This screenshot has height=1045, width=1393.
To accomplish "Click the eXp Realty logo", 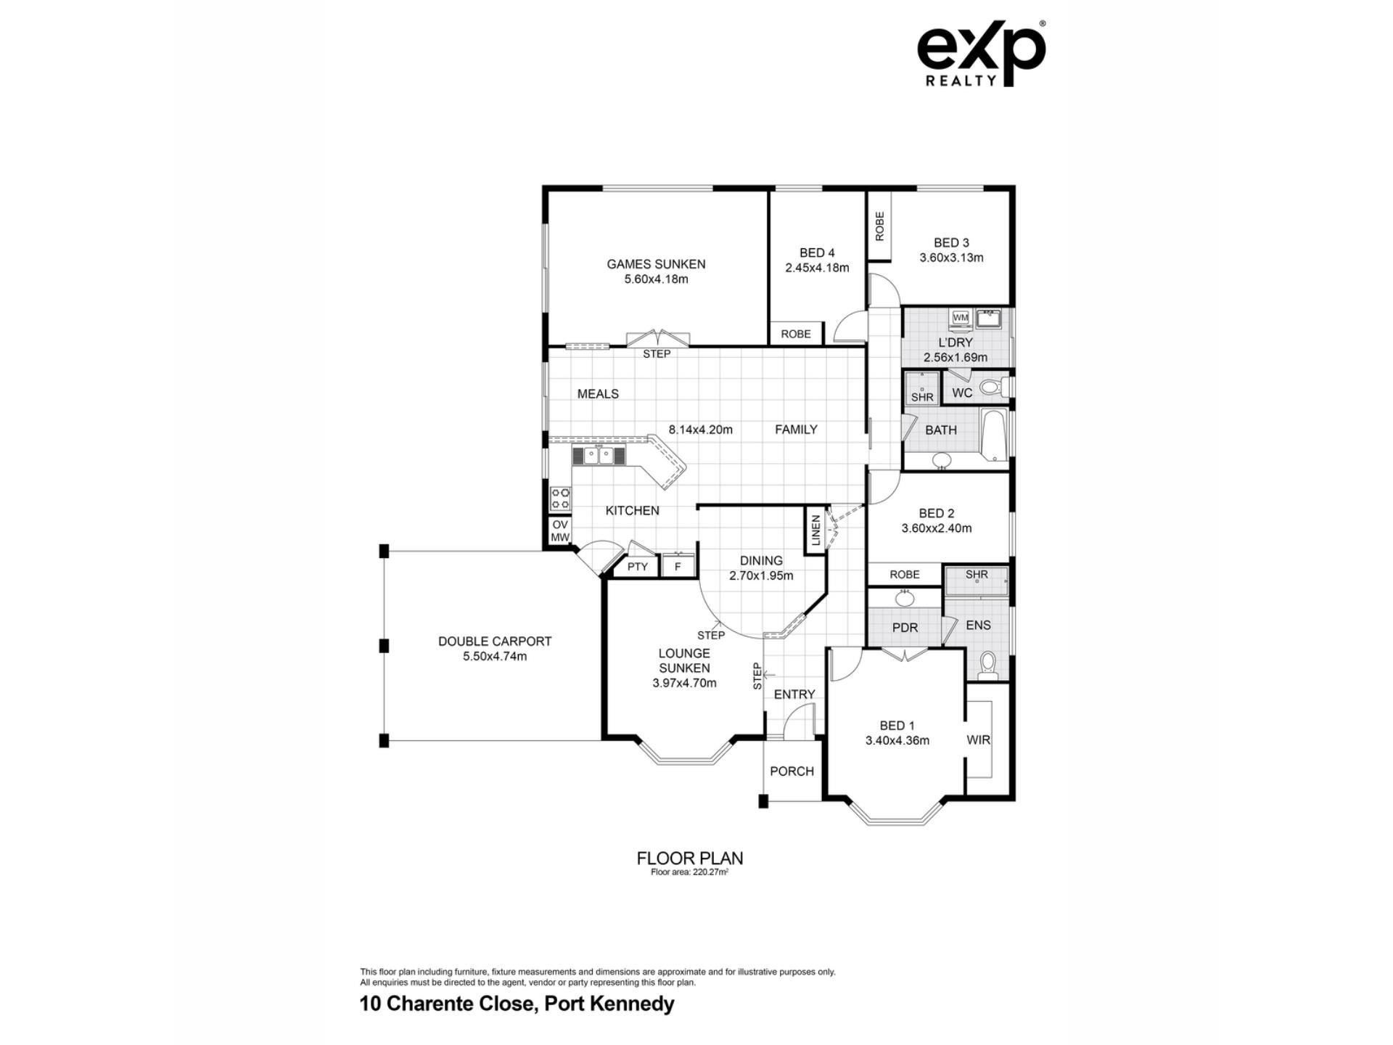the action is [x=981, y=54].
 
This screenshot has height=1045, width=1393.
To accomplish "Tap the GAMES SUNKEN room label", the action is [x=656, y=264].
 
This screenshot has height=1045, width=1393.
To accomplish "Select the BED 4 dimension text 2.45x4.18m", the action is [x=817, y=268].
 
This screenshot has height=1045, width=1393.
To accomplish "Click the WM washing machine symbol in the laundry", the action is [x=961, y=318].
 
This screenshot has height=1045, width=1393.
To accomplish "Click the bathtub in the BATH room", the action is [x=993, y=434].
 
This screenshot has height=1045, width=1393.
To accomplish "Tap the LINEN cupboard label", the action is [x=815, y=530].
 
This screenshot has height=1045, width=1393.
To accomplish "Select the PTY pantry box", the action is [x=637, y=566].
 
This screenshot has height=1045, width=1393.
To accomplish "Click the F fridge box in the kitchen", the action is [x=678, y=565].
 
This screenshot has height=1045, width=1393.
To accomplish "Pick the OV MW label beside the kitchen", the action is [x=560, y=531].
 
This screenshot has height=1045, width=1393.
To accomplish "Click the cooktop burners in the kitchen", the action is [x=561, y=499].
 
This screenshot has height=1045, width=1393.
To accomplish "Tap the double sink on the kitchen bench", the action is [x=599, y=456].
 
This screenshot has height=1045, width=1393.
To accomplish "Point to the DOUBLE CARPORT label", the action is [x=495, y=642].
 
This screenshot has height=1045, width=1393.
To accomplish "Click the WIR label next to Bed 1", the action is [x=978, y=740].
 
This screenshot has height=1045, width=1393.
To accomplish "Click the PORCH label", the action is [x=792, y=771].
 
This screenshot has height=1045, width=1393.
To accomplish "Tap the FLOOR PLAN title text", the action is [x=690, y=858].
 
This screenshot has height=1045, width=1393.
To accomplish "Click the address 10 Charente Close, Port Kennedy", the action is [x=517, y=1004].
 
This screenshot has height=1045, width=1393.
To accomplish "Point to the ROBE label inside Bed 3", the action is [x=880, y=226].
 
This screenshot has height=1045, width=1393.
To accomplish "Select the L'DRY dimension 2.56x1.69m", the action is [x=956, y=358].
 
